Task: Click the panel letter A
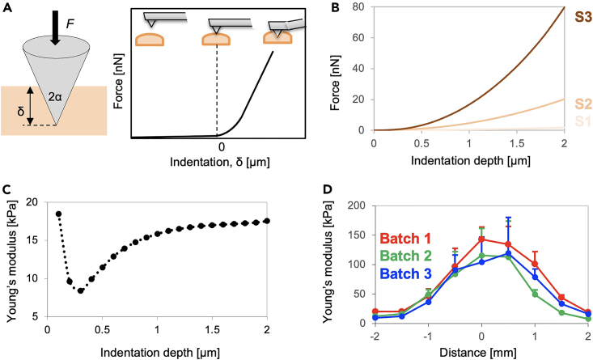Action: (7, 8)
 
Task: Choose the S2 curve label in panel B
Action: (577, 104)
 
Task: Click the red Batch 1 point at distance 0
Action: (481, 239)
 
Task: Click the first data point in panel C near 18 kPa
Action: (58, 214)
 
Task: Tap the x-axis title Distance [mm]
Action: (481, 352)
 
